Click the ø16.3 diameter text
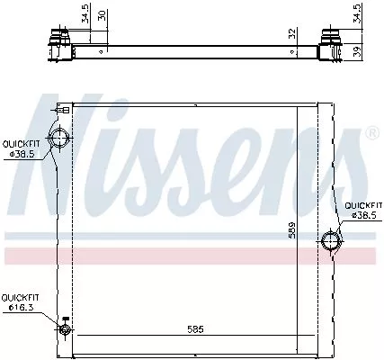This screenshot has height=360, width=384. tap(21, 308)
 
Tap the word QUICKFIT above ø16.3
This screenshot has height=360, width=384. tap(20, 297)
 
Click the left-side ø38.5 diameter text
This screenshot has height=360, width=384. tap(22, 153)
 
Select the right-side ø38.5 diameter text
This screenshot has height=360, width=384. tap(363, 216)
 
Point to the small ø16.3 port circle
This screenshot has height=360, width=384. tap(65, 329)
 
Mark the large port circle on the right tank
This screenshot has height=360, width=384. tap(332, 241)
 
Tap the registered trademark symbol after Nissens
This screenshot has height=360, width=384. tap(371, 133)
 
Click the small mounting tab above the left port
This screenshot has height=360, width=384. tap(64, 109)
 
